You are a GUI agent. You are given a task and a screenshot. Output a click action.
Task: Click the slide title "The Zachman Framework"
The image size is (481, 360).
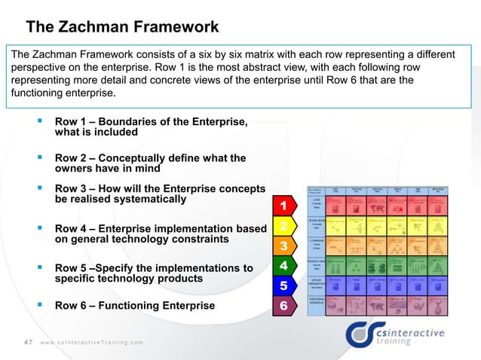(122, 28)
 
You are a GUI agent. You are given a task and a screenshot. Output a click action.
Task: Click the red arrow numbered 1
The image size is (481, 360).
(283, 206)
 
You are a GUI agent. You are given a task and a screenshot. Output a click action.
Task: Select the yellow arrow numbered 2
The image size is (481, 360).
(283, 226)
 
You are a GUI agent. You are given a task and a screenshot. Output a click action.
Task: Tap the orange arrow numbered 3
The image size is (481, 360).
(283, 246)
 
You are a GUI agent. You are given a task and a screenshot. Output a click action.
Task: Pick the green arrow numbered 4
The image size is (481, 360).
(283, 266)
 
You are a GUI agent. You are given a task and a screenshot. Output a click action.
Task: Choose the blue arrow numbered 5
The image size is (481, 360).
(283, 286)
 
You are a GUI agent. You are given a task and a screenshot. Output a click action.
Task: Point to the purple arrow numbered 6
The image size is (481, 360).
(283, 306)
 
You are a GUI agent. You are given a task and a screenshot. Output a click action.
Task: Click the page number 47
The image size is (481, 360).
(29, 342)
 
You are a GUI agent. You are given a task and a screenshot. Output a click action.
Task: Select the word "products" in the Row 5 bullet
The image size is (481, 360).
(179, 279)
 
